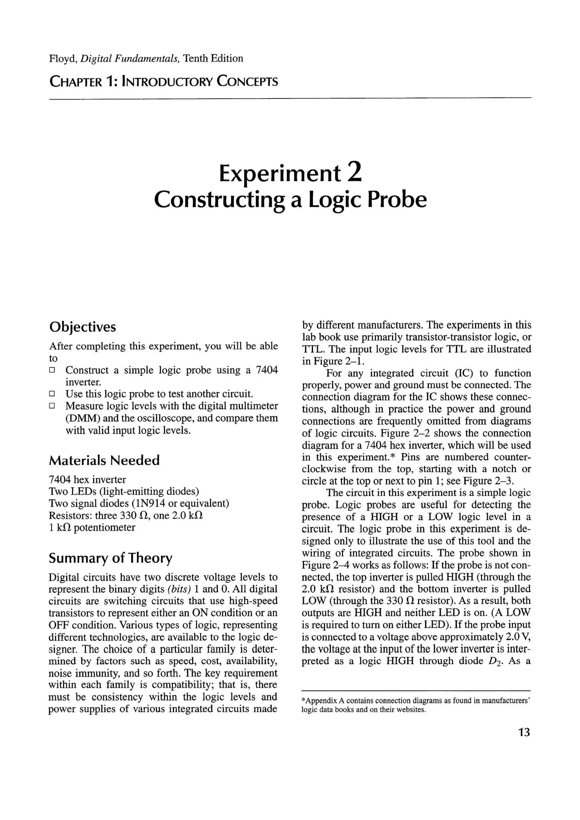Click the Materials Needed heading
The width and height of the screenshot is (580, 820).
coord(104,460)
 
